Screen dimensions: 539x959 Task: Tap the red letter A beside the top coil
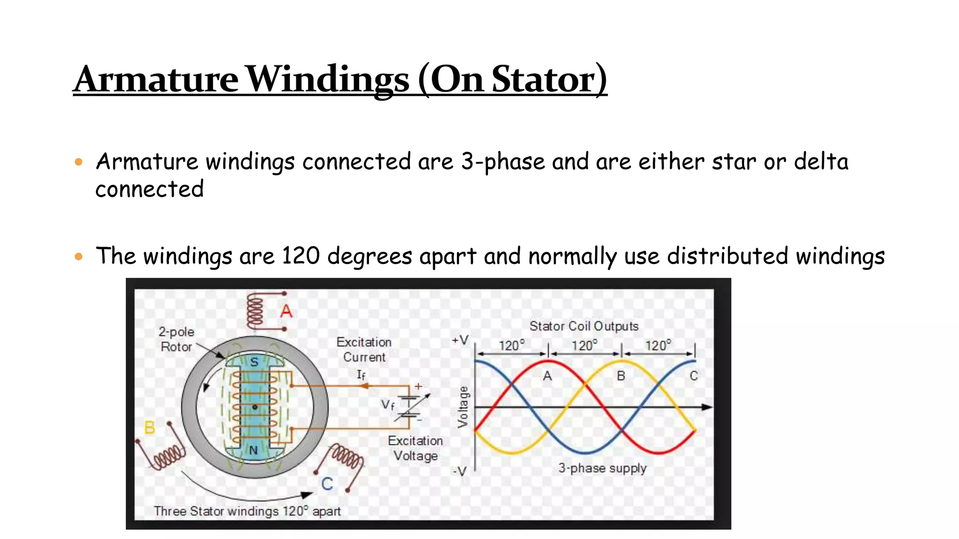coord(286,311)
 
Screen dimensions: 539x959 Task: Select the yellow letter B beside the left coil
coord(149,427)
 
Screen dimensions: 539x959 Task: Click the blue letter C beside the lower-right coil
coord(327,484)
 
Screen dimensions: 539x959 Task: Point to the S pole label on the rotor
coord(254,362)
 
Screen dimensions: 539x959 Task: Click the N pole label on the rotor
coord(253,450)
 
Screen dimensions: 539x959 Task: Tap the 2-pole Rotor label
coord(176,339)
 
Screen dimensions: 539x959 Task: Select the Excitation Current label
coord(364,350)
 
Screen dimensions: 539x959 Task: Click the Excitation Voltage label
coord(415,448)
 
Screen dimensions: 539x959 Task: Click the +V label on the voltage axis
coord(460,340)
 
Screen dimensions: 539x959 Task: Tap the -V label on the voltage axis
coord(460,471)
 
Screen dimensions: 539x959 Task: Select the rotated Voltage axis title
coord(463,407)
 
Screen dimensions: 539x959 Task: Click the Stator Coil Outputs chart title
coord(583,326)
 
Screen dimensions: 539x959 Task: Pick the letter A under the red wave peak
coord(547,376)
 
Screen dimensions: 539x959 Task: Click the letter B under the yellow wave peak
coord(621,376)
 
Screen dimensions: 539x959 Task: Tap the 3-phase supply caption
coord(602,468)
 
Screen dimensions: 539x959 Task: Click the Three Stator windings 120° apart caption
coord(247,511)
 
